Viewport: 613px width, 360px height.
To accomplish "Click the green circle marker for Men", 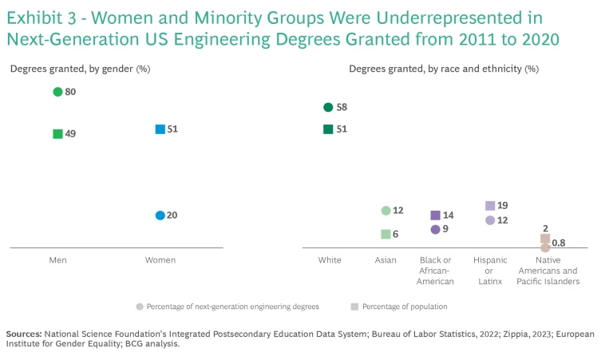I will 57,92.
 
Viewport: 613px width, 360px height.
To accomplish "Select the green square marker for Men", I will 57,134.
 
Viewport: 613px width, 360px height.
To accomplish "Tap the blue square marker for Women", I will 160,129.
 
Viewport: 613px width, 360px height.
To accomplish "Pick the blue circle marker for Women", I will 160,216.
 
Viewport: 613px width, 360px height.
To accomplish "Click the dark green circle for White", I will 328,107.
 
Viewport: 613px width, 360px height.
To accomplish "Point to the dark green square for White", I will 328,129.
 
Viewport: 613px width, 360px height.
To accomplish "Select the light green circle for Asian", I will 386,211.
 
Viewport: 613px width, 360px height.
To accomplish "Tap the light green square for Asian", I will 386,235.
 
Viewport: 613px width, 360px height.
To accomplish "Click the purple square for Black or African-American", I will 435,216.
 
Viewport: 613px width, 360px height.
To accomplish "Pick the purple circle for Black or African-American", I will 435,229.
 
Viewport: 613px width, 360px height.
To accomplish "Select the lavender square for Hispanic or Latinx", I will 490,206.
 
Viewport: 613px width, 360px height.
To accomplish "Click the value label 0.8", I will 559,243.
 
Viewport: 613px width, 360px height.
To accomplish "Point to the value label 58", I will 342,107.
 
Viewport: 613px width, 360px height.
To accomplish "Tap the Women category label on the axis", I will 160,260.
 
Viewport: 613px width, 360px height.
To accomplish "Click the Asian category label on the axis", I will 386,260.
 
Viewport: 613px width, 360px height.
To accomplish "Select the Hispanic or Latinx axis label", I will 490,271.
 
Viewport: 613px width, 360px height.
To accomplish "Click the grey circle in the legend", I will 140,307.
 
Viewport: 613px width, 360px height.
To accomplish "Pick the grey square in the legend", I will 354,307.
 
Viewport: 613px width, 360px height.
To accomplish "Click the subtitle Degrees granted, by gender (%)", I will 80,69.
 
